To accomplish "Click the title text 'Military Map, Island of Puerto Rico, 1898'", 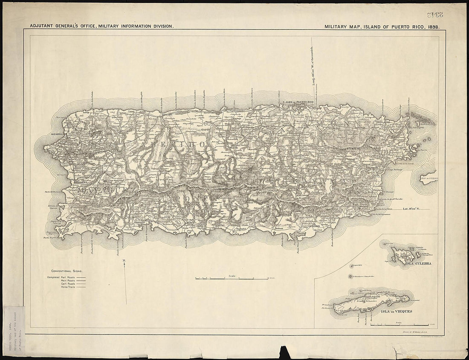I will click(x=382, y=26).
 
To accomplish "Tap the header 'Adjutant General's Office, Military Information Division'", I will click(x=102, y=26).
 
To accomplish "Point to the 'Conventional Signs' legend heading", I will click(x=67, y=271).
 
